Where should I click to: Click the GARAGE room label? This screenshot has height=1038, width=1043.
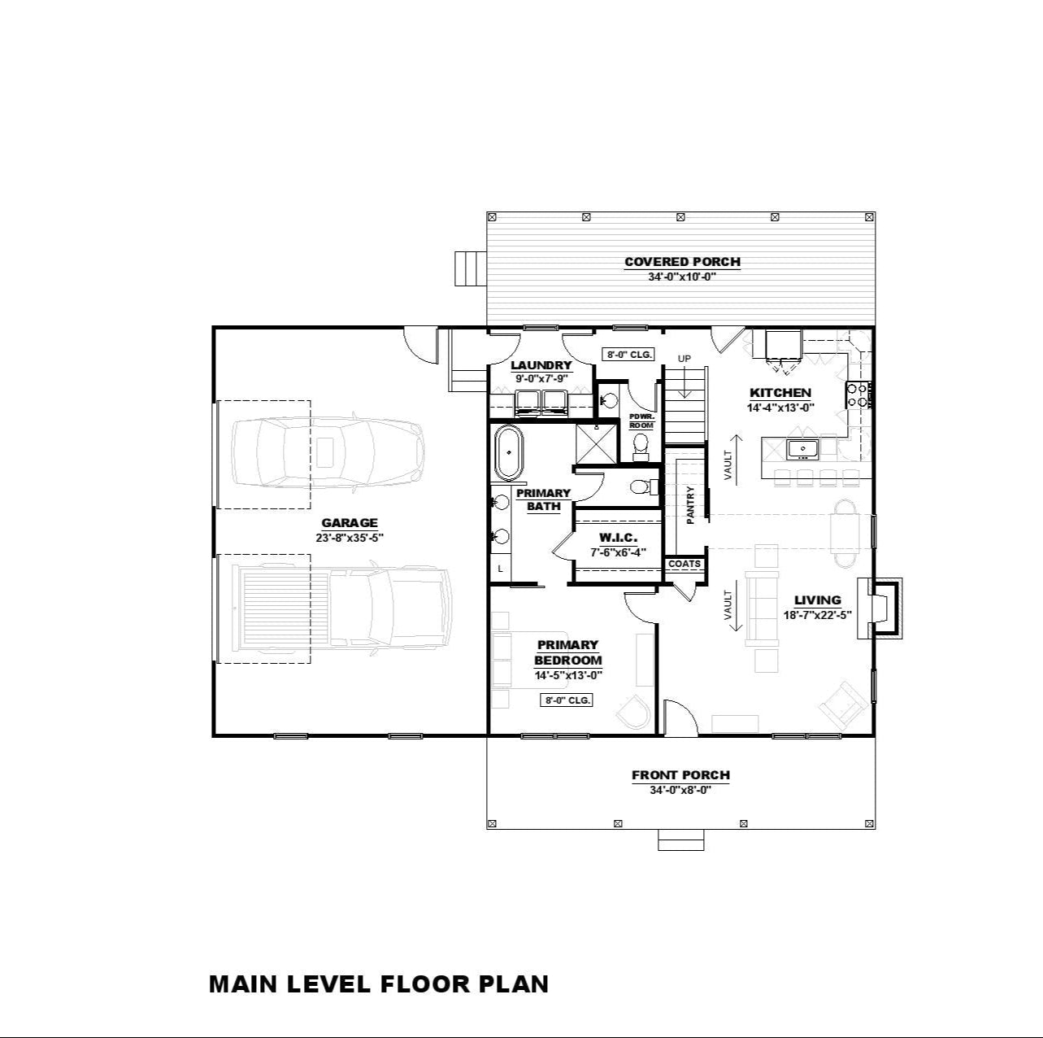[350, 523]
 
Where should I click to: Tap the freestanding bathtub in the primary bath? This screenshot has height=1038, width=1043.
[510, 453]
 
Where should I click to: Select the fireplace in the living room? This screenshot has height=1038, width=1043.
[880, 608]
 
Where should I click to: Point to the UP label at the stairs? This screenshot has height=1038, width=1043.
[684, 359]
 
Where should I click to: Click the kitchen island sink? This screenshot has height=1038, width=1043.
[802, 448]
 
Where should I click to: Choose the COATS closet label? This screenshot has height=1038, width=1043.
[684, 564]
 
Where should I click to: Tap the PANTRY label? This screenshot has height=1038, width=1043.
[690, 505]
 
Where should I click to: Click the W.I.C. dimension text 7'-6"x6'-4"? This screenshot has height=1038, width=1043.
[618, 552]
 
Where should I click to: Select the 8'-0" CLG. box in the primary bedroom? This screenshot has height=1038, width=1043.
[566, 700]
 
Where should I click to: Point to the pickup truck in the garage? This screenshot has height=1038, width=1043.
[341, 608]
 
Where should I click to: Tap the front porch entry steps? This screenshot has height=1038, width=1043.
[681, 840]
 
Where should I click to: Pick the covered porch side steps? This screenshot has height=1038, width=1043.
[471, 268]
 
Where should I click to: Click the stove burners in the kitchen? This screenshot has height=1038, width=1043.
[858, 395]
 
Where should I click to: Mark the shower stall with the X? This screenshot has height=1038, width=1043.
[596, 443]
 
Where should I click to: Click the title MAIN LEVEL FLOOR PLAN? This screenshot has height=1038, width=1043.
[378, 983]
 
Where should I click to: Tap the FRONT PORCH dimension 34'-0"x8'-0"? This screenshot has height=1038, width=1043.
[680, 791]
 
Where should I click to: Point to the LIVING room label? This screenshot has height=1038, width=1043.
[817, 600]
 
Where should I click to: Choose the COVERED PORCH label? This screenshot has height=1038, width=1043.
[682, 262]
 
